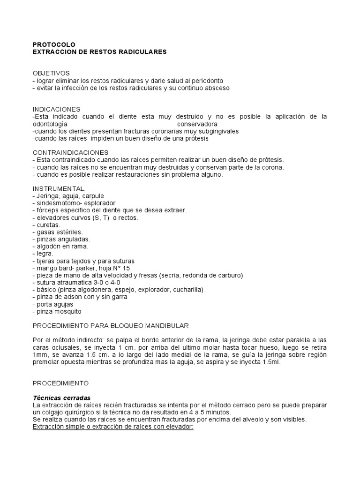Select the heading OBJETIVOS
[51, 74]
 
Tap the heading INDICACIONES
[57, 109]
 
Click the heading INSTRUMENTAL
[59, 188]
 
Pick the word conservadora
[197, 124]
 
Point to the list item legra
[44, 254]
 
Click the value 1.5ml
[270, 362]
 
